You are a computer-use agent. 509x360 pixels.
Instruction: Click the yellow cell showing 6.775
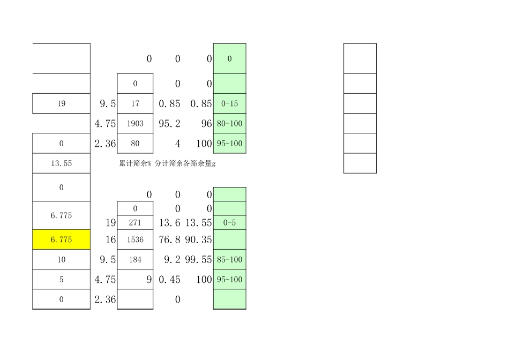[x=61, y=239]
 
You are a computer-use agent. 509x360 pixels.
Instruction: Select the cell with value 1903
[x=135, y=124]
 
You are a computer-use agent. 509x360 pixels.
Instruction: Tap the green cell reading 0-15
[x=230, y=104]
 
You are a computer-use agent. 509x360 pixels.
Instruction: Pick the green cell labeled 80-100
[x=230, y=124]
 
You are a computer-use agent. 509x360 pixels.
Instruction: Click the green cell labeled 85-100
[x=230, y=260]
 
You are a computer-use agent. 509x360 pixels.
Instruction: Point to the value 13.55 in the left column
[x=61, y=163]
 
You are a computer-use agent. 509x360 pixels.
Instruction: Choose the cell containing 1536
[x=135, y=239]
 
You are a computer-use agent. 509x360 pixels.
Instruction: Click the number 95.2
[x=170, y=124]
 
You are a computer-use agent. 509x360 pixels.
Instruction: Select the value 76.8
[x=170, y=239]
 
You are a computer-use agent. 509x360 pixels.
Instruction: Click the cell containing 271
[x=135, y=222]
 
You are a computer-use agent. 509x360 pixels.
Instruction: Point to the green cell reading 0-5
[x=230, y=222]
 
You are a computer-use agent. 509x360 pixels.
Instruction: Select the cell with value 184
[x=135, y=260]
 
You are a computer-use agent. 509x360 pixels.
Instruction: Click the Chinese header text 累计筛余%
[x=136, y=164]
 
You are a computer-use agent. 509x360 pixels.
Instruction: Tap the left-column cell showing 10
[x=61, y=260]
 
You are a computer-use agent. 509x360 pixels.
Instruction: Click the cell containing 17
[x=135, y=104]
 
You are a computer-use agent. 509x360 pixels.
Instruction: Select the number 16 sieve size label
[x=111, y=239]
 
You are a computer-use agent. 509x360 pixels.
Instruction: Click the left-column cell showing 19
[x=61, y=104]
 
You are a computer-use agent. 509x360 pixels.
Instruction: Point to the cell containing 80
[x=135, y=144]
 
